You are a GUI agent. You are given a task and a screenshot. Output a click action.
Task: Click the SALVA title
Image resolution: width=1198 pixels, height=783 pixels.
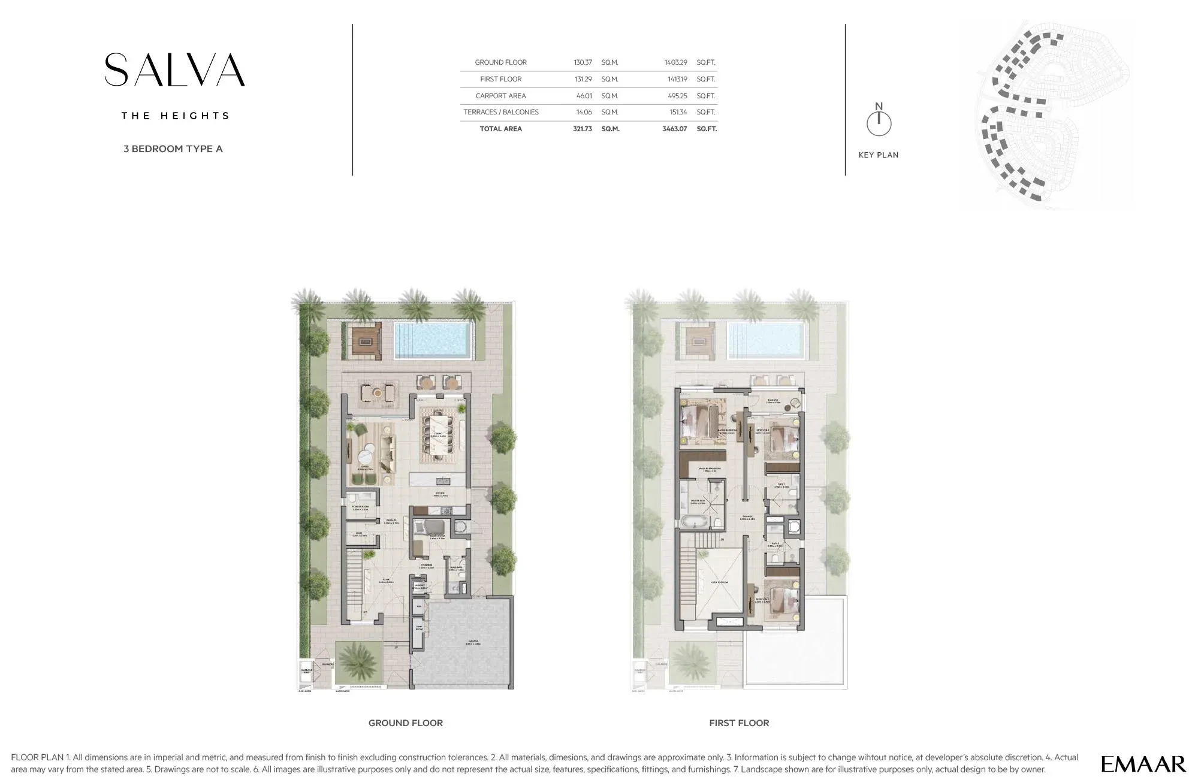click(174, 70)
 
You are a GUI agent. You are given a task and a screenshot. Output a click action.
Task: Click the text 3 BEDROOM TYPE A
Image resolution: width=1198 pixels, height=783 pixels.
click(173, 149)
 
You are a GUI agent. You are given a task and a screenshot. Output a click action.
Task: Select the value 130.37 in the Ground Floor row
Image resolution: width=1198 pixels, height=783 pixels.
click(582, 62)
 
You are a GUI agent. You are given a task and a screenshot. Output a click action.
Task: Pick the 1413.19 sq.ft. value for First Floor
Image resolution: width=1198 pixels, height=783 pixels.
click(675, 79)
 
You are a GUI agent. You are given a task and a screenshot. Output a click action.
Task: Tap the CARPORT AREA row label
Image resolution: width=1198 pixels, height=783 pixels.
click(500, 96)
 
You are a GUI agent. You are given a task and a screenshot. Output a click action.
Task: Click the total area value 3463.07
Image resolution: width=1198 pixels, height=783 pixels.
click(674, 129)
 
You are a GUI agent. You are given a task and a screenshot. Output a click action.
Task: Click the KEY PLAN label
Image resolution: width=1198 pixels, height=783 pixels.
click(878, 155)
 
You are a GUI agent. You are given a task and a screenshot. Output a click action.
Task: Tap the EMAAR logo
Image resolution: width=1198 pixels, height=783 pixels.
click(1143, 764)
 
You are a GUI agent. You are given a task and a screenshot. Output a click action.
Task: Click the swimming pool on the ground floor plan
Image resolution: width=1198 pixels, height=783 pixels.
click(431, 340)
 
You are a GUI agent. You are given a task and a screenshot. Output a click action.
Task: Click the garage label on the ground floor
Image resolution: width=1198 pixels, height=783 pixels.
click(474, 643)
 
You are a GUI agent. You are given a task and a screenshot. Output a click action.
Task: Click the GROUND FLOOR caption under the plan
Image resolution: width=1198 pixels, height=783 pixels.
click(405, 723)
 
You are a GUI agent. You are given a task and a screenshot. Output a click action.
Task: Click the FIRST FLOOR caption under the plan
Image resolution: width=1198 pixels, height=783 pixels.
click(738, 723)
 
